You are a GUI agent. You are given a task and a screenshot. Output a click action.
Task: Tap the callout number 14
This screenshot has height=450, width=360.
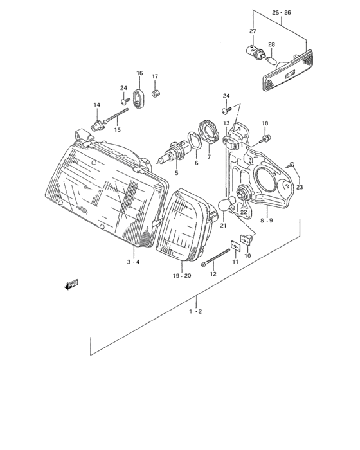point(96,105)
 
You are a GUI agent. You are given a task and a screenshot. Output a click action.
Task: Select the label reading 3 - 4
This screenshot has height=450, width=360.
point(132,262)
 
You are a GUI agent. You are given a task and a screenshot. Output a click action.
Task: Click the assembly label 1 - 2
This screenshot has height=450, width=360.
point(195,312)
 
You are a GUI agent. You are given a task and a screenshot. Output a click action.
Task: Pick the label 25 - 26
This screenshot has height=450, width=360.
point(281,12)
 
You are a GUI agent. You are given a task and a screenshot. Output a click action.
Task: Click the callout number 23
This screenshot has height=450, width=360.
point(300,187)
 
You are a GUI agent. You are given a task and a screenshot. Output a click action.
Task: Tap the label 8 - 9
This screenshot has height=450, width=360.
point(266,221)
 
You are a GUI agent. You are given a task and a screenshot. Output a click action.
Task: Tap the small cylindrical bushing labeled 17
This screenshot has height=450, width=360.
point(155,94)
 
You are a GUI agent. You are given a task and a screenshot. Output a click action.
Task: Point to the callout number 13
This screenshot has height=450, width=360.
point(226,123)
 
